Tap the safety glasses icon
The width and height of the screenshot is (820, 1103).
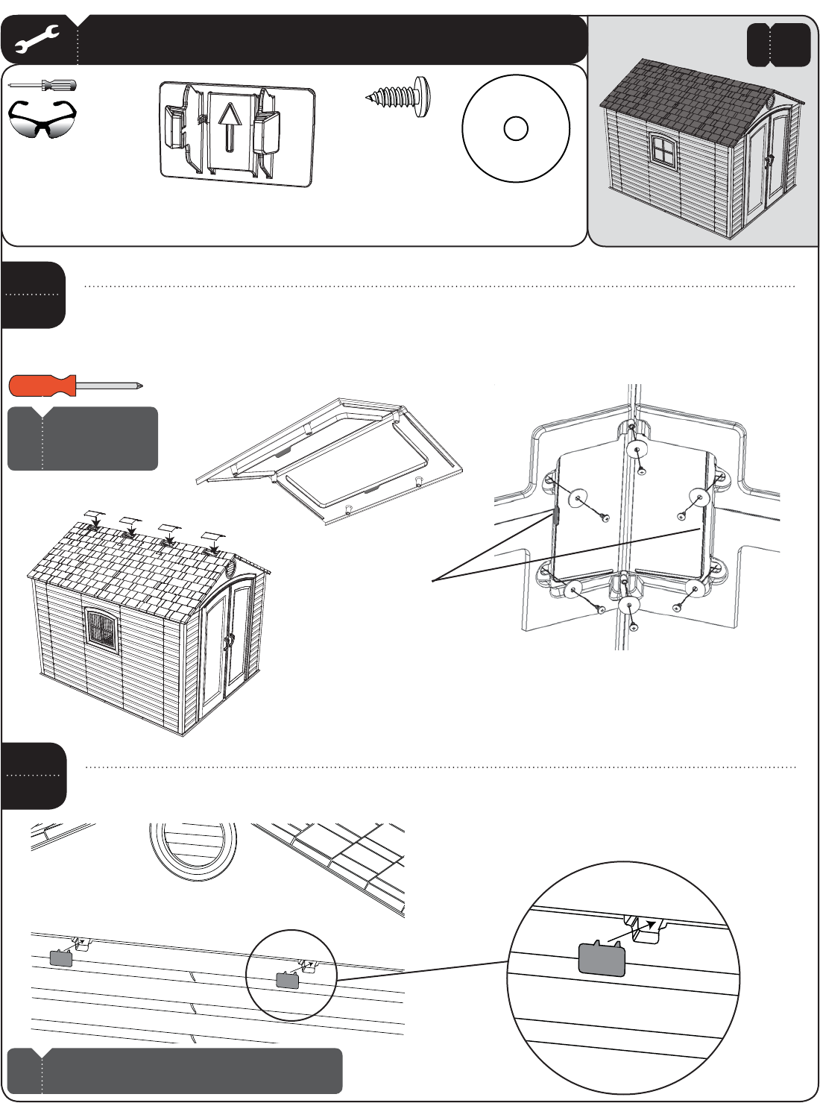42,120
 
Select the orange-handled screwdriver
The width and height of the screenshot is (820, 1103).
75,386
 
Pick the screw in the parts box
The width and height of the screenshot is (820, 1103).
400,96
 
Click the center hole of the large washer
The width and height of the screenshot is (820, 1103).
516,128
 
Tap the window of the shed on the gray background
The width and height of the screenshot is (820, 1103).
660,150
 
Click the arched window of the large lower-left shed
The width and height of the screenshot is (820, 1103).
101,629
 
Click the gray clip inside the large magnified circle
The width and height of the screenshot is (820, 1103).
602,958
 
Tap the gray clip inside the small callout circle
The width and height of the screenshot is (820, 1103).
287,980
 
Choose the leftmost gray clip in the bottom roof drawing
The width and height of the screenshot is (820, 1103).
61,958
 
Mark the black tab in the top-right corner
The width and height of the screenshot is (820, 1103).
778,45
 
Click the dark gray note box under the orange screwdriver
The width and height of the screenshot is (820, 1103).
83,439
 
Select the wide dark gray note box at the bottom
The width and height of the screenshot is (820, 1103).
175,1071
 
